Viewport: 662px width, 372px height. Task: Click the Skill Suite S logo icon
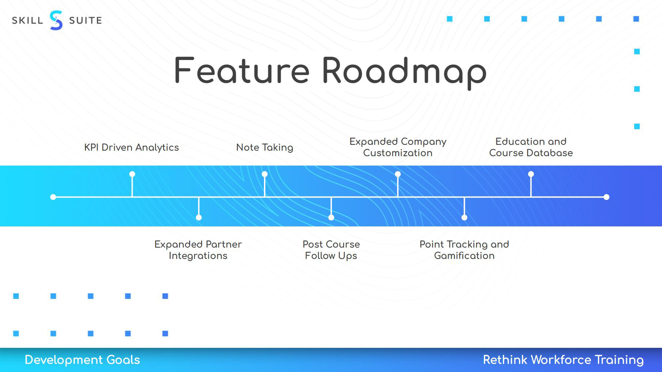(x=56, y=20)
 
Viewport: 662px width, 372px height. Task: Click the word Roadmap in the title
(x=404, y=71)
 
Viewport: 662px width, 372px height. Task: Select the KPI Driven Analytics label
(x=132, y=147)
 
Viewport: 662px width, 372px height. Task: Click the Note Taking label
(x=265, y=147)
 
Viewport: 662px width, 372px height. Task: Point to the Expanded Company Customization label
(x=398, y=147)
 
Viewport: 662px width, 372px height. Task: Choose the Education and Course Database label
(x=531, y=147)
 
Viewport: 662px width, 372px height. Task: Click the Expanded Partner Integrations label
(x=198, y=250)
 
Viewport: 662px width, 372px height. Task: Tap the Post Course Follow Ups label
(x=331, y=250)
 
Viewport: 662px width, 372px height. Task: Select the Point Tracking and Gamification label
(x=464, y=250)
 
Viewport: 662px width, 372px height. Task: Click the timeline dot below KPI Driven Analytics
(x=132, y=174)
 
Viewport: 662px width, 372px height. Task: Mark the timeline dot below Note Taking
(x=265, y=174)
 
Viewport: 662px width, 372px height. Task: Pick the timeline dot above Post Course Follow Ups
(x=331, y=218)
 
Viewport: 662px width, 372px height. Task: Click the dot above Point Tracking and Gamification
(x=464, y=218)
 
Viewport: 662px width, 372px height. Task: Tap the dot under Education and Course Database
(x=531, y=174)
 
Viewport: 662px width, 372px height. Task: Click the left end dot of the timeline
(x=53, y=197)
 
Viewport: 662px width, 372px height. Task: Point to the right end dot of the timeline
(x=606, y=197)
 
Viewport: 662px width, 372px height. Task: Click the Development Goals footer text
(x=82, y=360)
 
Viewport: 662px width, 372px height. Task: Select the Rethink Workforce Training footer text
(x=563, y=360)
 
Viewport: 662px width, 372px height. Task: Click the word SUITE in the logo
(x=86, y=20)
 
